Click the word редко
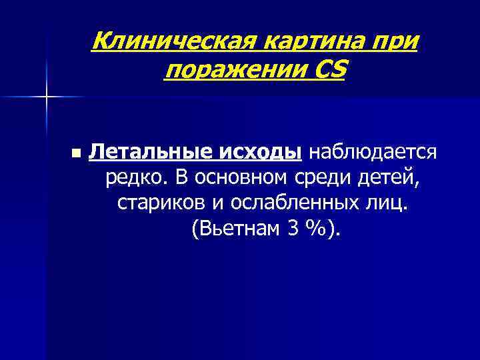pyautogui.click(x=137, y=179)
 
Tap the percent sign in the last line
pyautogui.click(x=316, y=230)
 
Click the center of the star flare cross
pyautogui.click(x=47, y=97)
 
